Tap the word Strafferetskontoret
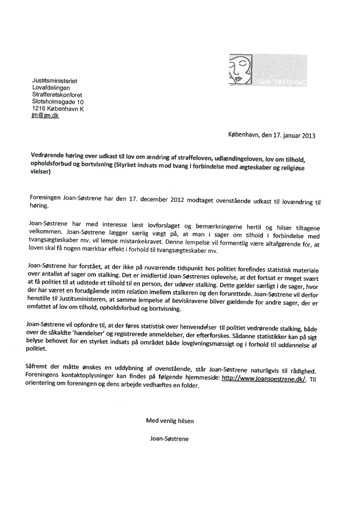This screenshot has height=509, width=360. pos(57,94)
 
